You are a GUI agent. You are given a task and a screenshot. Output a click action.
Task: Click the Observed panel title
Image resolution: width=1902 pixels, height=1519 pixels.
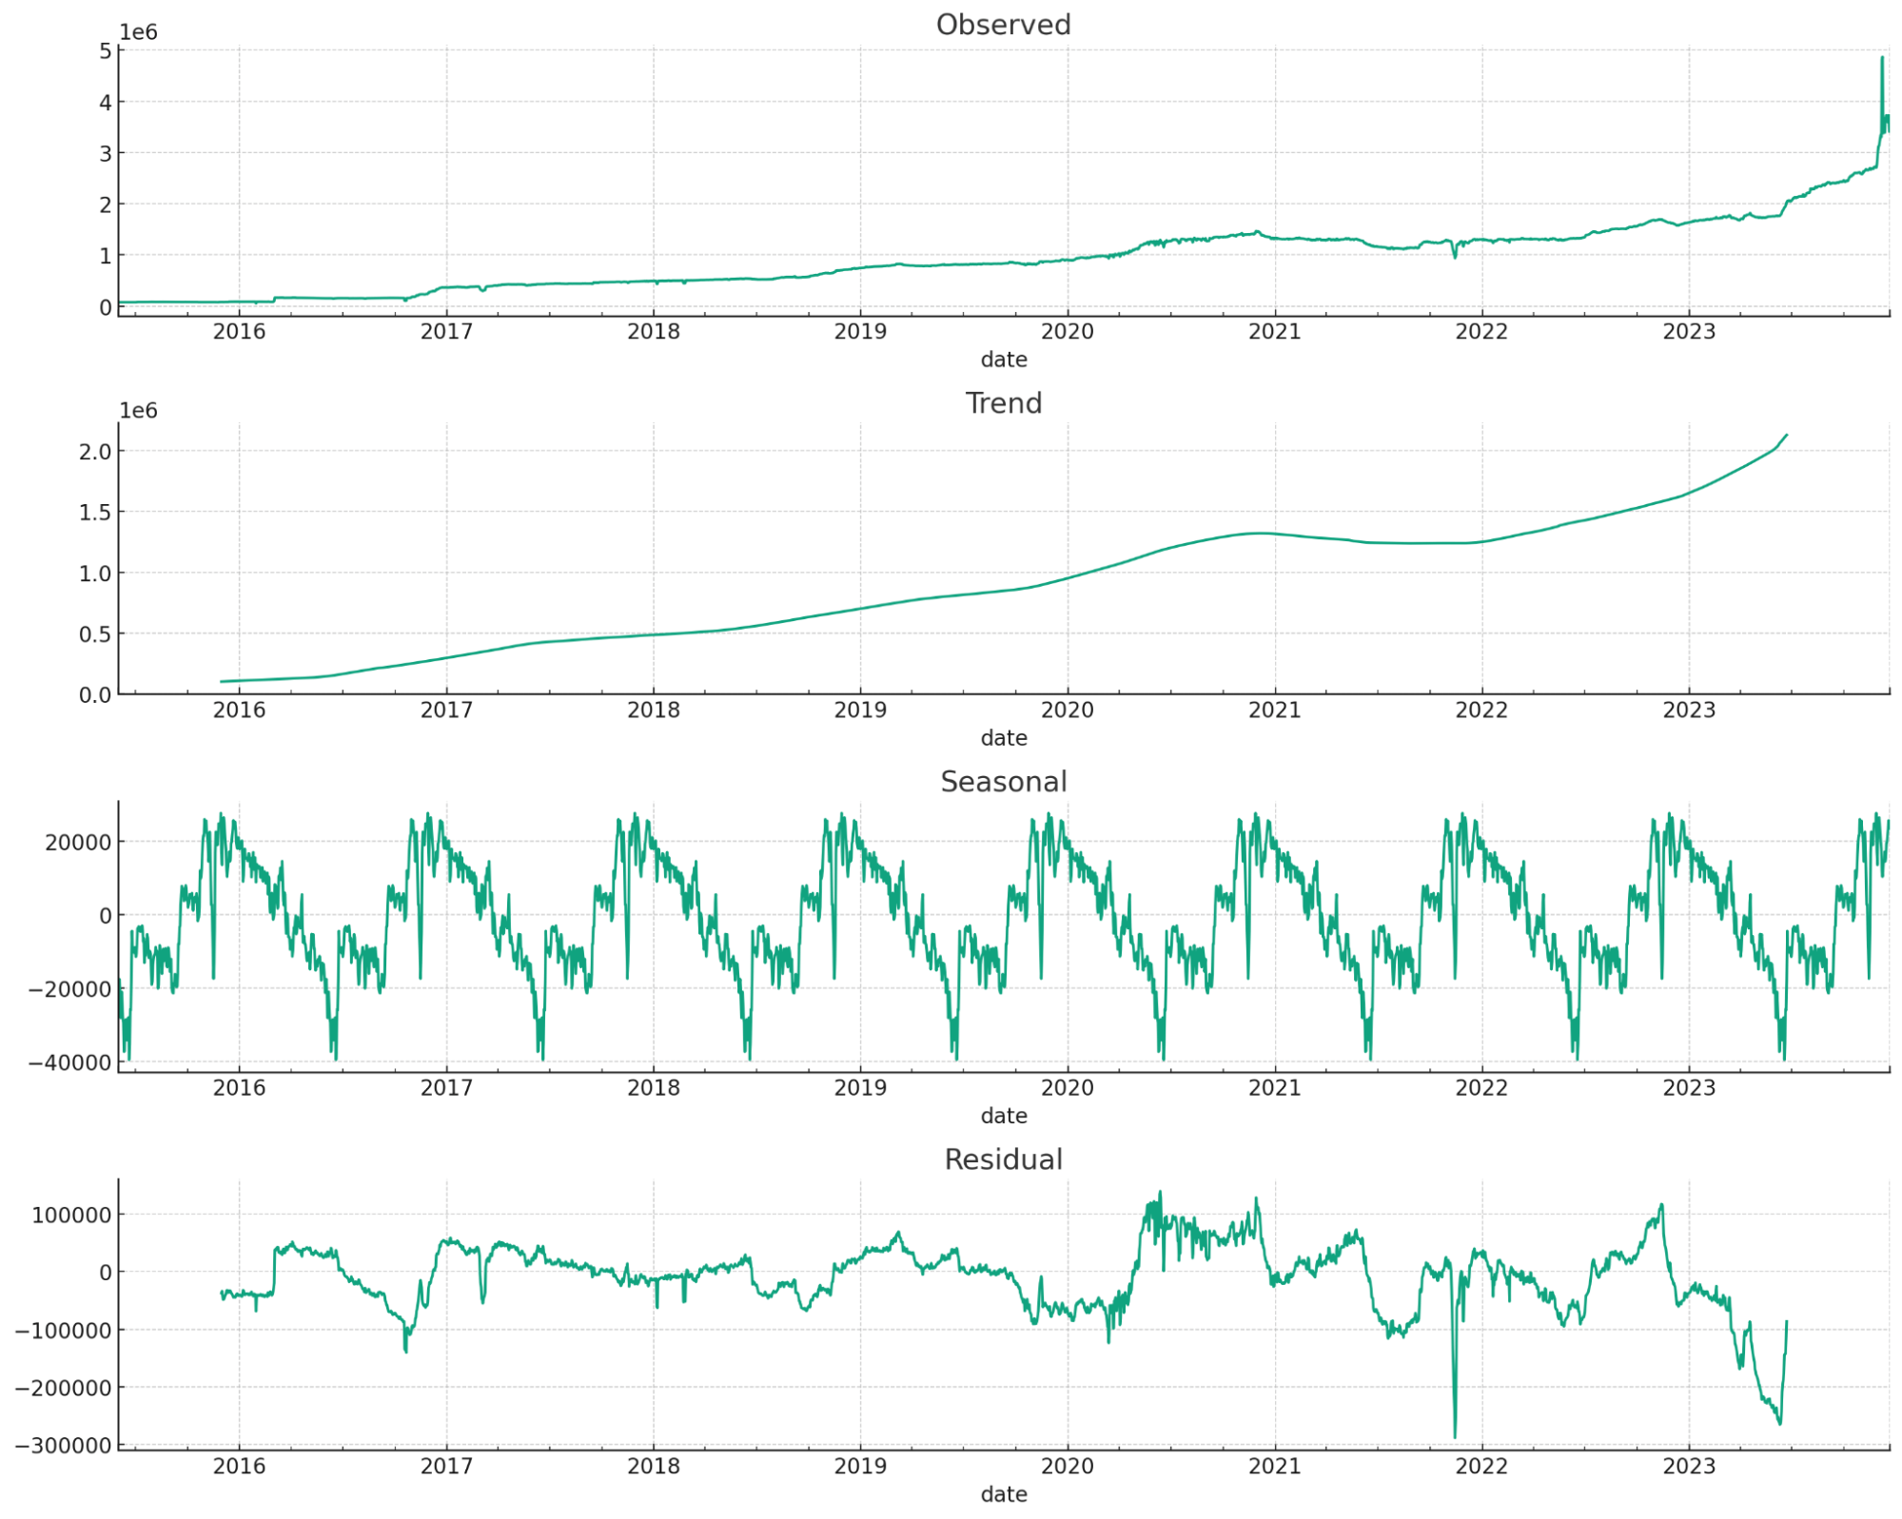pyautogui.click(x=1003, y=25)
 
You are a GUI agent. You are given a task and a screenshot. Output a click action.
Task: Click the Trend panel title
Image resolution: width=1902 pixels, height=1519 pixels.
pyautogui.click(x=1003, y=403)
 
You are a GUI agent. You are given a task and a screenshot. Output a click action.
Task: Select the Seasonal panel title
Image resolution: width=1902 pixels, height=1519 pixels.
pyautogui.click(x=1003, y=782)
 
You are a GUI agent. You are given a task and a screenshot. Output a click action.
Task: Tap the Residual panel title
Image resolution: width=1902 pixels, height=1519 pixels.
pyautogui.click(x=1003, y=1159)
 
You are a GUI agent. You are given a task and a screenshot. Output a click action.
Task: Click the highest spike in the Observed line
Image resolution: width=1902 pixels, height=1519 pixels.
pyautogui.click(x=1881, y=58)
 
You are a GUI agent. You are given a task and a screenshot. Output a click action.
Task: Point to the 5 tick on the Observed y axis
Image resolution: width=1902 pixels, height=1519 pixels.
pyautogui.click(x=105, y=51)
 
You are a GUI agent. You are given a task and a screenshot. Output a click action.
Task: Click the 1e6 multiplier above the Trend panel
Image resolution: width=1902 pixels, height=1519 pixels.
pyautogui.click(x=138, y=411)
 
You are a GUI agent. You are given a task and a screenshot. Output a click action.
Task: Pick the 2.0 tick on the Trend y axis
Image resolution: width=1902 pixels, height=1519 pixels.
pyautogui.click(x=95, y=451)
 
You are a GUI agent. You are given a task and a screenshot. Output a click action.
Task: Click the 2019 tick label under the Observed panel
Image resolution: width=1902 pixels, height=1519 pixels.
pyautogui.click(x=860, y=332)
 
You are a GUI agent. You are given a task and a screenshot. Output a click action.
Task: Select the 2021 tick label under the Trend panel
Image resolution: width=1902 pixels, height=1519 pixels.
pyautogui.click(x=1274, y=711)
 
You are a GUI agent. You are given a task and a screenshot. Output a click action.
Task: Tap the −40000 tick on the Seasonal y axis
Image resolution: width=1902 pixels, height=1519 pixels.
pyautogui.click(x=69, y=1062)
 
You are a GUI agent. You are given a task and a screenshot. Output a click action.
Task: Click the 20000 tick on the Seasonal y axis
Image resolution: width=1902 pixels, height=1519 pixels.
pyautogui.click(x=78, y=842)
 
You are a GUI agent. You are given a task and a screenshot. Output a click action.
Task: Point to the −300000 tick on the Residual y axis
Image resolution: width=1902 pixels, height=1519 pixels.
pyautogui.click(x=63, y=1446)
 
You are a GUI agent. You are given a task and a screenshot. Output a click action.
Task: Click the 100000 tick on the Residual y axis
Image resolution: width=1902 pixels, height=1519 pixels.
pyautogui.click(x=71, y=1215)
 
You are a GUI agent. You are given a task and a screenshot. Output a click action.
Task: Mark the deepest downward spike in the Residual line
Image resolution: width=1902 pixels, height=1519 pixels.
pyautogui.click(x=1455, y=1436)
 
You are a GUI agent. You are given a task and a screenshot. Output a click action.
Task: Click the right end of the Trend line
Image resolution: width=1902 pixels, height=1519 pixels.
pyautogui.click(x=1786, y=436)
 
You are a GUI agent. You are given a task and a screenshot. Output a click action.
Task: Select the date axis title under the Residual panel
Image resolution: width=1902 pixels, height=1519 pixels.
pyautogui.click(x=1003, y=1494)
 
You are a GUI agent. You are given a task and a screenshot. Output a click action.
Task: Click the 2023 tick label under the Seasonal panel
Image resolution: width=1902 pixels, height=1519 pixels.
pyautogui.click(x=1688, y=1088)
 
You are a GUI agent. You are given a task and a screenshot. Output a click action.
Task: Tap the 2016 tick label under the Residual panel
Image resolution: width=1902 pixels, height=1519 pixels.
pyautogui.click(x=239, y=1467)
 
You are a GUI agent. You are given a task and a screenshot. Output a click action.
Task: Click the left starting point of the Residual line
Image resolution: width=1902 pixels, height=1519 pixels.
pyautogui.click(x=222, y=1293)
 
